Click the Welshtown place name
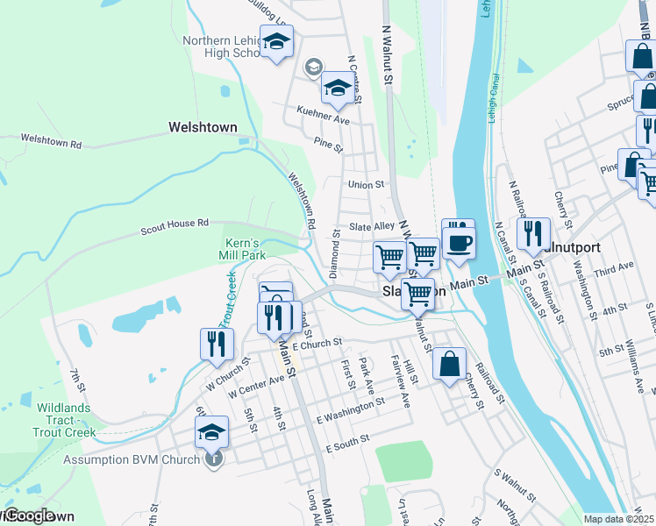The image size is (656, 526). point(203,127)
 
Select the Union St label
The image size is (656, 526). point(367,185)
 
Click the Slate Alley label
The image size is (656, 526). point(374,226)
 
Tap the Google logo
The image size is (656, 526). point(29,516)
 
